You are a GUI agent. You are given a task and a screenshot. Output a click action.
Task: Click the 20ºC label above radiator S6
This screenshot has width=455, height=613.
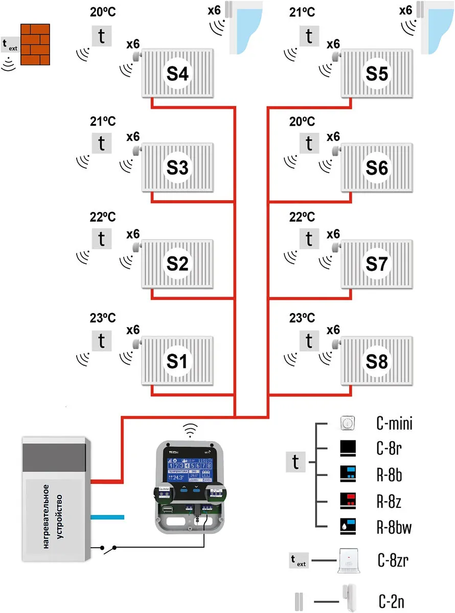[302, 122]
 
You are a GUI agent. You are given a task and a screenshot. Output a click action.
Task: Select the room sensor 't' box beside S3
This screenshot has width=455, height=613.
[101, 143]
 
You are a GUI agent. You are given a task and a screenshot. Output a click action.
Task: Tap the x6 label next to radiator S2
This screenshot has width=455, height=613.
[133, 234]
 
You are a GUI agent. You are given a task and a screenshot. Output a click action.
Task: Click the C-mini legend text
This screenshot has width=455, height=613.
[393, 423]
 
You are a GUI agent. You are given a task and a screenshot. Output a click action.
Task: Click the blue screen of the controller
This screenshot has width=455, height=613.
[189, 470]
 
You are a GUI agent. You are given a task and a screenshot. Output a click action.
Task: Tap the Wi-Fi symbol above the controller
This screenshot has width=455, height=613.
[190, 431]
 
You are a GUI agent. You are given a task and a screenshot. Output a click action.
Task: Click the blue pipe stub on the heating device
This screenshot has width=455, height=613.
[107, 517]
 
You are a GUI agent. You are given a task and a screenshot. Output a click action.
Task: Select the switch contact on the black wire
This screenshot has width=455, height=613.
[108, 549]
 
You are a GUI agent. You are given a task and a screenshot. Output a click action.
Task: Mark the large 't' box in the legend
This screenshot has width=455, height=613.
[295, 462]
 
